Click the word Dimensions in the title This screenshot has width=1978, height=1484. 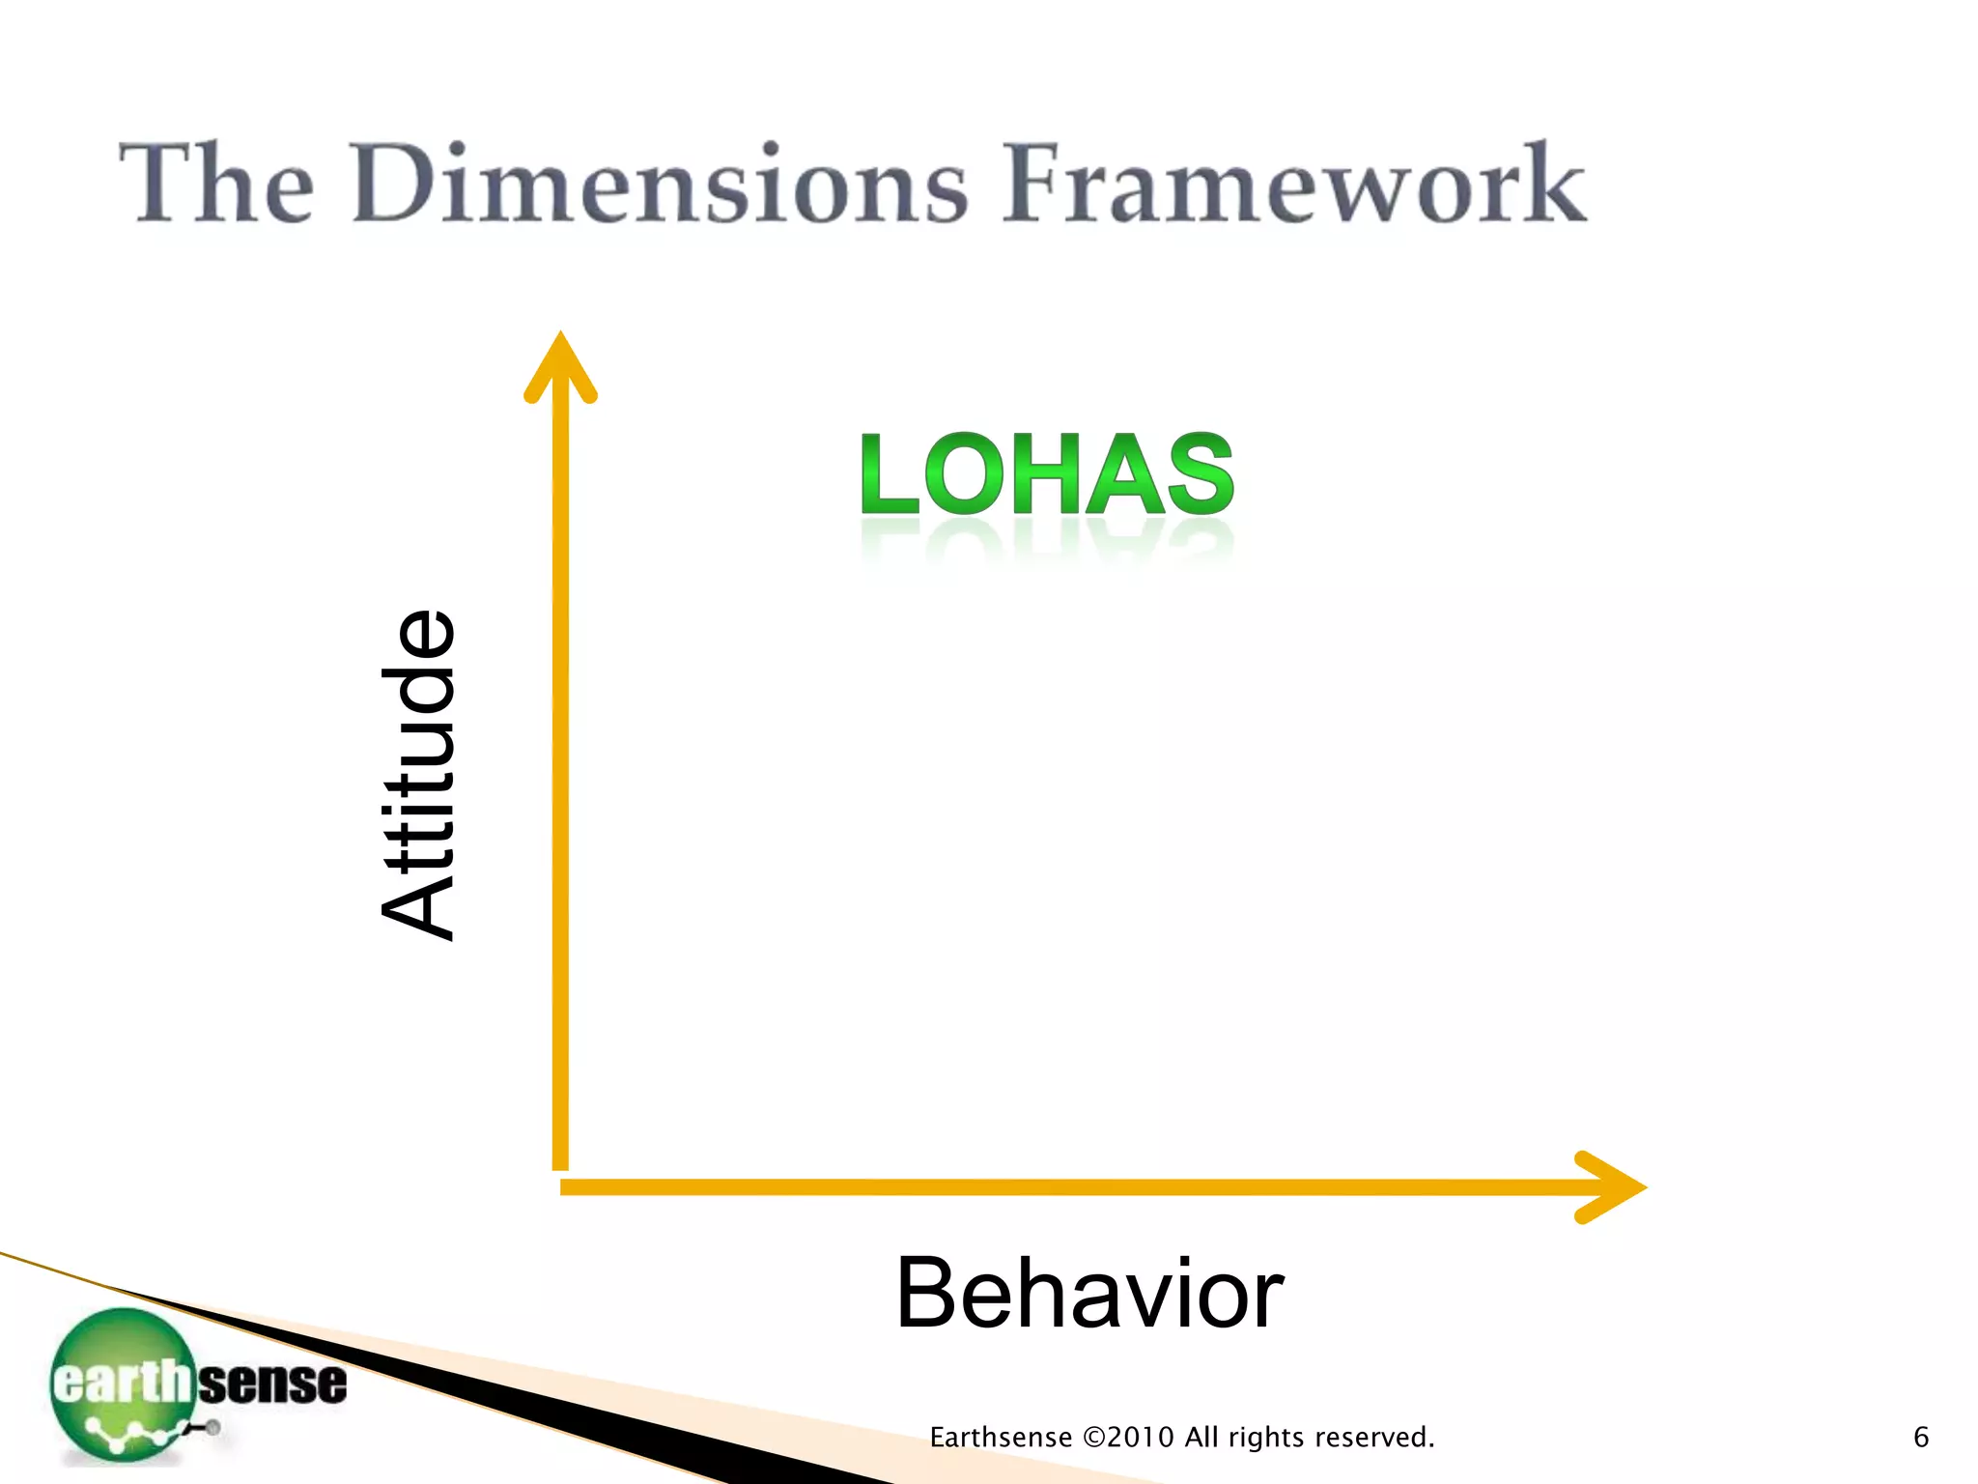660,184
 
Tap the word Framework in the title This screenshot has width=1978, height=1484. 1294,184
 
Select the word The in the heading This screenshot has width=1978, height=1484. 217,184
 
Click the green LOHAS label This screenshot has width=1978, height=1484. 1047,474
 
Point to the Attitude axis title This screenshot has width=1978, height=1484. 418,775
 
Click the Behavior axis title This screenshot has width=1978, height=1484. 1089,1295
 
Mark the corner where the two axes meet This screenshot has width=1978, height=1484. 561,1184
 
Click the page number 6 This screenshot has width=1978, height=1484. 1921,1438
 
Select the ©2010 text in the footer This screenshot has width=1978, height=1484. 1129,1438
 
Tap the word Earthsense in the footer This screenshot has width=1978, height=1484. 1001,1438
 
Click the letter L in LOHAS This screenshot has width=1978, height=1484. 888,474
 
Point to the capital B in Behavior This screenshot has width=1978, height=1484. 930,1295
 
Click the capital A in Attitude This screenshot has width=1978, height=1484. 418,903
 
